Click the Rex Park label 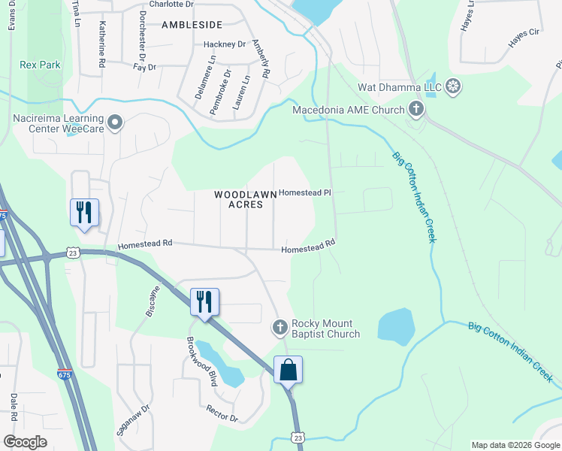pyautogui.click(x=40, y=65)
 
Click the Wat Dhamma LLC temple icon pyautogui.click(x=453, y=86)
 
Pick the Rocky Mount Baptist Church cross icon pyautogui.click(x=279, y=327)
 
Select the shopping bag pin pyautogui.click(x=289, y=371)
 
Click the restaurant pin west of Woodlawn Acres pyautogui.click(x=84, y=213)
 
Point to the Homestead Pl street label pyautogui.click(x=305, y=192)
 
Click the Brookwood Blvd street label pyautogui.click(x=201, y=362)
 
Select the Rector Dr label pyautogui.click(x=222, y=413)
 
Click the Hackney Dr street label pyautogui.click(x=225, y=44)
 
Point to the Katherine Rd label pyautogui.click(x=101, y=44)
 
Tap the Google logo pyautogui.click(x=26, y=442)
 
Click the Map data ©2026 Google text pyautogui.click(x=515, y=445)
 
